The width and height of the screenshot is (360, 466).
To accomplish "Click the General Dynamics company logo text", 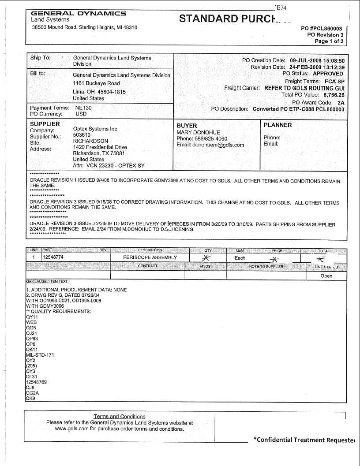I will click(78, 14).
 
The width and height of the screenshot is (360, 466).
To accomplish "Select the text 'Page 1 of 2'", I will click(329, 41).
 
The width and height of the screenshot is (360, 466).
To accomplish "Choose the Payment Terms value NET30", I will click(84, 108).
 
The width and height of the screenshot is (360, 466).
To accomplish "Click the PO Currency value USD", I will click(81, 114).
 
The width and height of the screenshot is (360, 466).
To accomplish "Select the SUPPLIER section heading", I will click(45, 124).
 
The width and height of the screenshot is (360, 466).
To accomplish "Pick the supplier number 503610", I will click(82, 135).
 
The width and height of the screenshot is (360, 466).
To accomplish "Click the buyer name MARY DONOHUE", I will click(198, 132).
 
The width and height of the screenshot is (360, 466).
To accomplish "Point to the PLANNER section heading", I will click(277, 125).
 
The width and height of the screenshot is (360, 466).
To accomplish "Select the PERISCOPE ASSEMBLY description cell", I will click(150, 257).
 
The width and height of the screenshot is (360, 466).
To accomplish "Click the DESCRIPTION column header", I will click(150, 250).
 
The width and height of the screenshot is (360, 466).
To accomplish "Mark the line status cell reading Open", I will click(326, 276).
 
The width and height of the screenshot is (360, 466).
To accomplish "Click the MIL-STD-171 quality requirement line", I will click(40, 355).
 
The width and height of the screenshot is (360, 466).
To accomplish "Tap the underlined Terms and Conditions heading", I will click(119, 416).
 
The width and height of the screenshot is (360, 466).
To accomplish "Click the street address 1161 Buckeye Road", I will click(96, 83).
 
